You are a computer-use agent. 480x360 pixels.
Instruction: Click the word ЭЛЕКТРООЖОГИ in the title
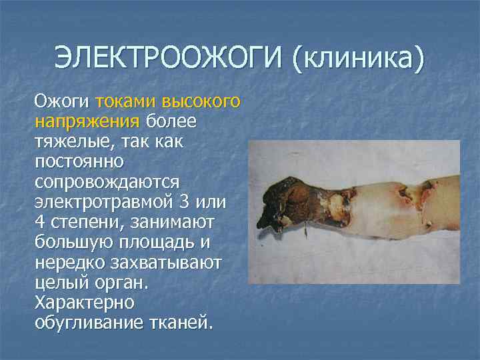pos(167,58)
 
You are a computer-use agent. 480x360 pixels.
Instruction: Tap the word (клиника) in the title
pos(357,58)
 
